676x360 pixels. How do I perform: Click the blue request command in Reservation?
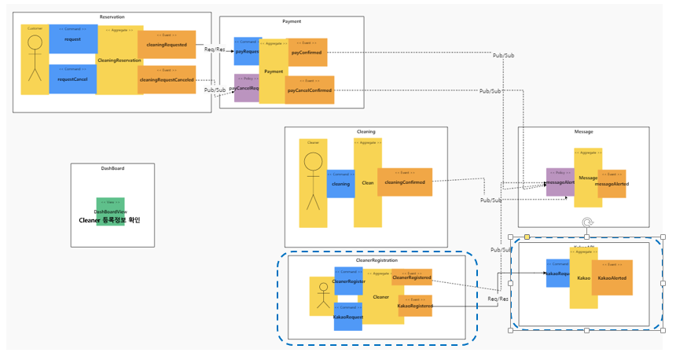pyautogui.click(x=72, y=39)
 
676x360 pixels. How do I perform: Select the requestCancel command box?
pyautogui.click(x=72, y=79)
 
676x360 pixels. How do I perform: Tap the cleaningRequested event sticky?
pyautogui.click(x=167, y=45)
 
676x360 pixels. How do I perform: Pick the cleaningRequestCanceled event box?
pyautogui.click(x=167, y=79)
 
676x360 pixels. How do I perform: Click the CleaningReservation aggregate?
pyautogui.click(x=119, y=60)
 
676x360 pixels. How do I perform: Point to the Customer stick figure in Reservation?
pyautogui.click(x=35, y=60)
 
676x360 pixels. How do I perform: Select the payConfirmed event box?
pyautogui.click(x=307, y=52)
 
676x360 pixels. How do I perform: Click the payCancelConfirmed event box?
pyautogui.click(x=310, y=90)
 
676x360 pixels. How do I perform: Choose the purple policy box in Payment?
pyautogui.click(x=246, y=88)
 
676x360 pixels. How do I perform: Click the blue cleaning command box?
pyautogui.click(x=340, y=183)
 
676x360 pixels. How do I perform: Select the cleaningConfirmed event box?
pyautogui.click(x=405, y=182)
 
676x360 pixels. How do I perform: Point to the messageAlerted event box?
pyautogui.click(x=612, y=183)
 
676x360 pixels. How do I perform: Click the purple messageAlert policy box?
pyautogui.click(x=560, y=182)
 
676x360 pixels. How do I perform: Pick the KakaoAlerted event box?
pyautogui.click(x=612, y=277)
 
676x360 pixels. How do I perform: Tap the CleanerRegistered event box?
pyautogui.click(x=412, y=277)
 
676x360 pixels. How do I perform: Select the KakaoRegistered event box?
pyautogui.click(x=415, y=305)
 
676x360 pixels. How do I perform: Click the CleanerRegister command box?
pyautogui.click(x=348, y=281)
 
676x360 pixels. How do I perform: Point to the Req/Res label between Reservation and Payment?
pyautogui.click(x=215, y=50)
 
